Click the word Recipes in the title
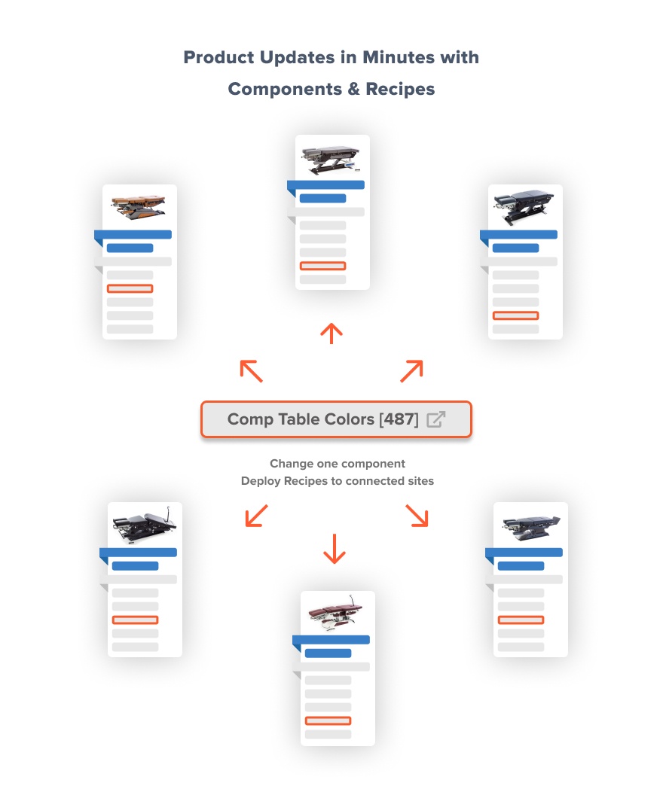tap(400, 89)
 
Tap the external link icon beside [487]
tap(436, 419)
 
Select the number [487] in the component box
tap(399, 419)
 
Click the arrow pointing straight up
tap(331, 334)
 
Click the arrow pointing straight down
tap(335, 549)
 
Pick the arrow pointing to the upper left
tap(251, 371)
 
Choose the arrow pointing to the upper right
tap(412, 371)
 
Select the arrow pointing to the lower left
tap(256, 516)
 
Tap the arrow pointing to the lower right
tap(417, 516)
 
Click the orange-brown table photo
tap(139, 207)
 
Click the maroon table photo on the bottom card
tap(336, 613)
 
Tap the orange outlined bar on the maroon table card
tap(328, 720)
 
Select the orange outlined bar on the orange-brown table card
tap(130, 288)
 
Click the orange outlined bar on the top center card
tap(323, 266)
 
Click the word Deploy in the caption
tap(261, 482)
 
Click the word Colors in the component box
tap(350, 419)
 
